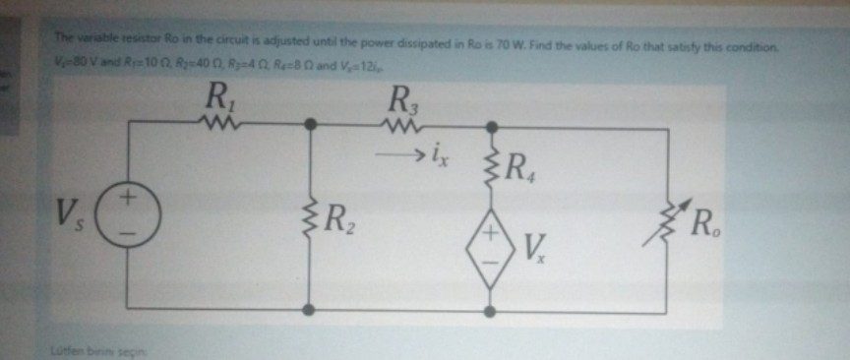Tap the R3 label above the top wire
[403, 98]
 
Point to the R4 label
[534, 178]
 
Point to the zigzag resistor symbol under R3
[401, 125]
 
